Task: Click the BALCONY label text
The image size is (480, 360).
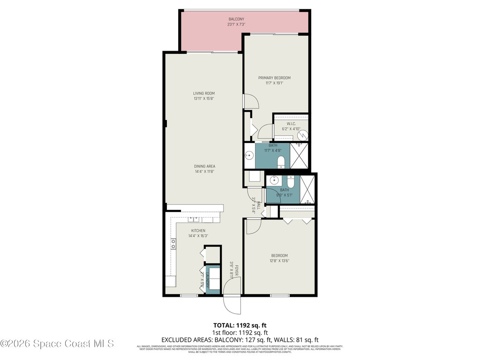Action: (x=233, y=19)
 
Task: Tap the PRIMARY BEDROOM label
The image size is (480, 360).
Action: (x=274, y=78)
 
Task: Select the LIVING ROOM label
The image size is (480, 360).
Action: (x=204, y=93)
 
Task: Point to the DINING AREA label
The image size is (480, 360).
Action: (x=205, y=166)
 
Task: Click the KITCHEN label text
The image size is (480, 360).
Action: (x=198, y=231)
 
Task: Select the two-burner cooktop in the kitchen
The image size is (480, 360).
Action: (x=173, y=244)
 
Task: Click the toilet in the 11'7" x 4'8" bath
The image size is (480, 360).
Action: (x=281, y=163)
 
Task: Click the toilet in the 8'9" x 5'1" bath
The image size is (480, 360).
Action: (x=291, y=182)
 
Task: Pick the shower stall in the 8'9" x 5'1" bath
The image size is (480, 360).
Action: (x=307, y=189)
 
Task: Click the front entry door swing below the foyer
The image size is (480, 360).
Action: (x=232, y=304)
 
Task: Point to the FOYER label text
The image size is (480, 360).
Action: (x=237, y=271)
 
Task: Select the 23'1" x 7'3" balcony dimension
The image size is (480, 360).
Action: (x=233, y=24)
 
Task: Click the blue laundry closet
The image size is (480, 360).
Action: (x=213, y=280)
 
